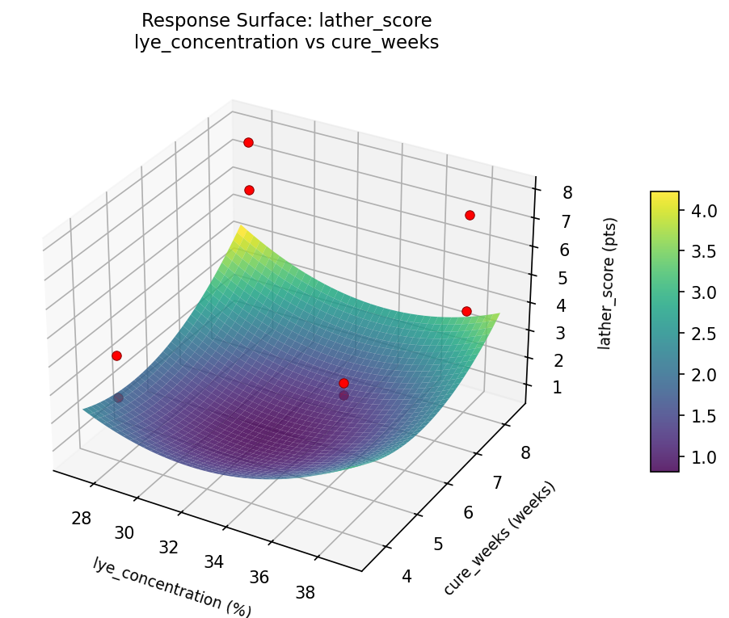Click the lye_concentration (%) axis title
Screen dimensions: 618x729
172,587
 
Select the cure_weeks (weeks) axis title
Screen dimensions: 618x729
499,539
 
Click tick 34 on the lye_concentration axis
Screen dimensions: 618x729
214,561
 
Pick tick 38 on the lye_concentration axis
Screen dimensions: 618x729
305,592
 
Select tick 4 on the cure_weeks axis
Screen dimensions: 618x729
406,575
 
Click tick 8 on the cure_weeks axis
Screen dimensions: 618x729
525,452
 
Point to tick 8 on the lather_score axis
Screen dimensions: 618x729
567,192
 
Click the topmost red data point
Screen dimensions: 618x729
248,142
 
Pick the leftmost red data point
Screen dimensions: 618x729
116,355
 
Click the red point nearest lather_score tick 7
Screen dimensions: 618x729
470,215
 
